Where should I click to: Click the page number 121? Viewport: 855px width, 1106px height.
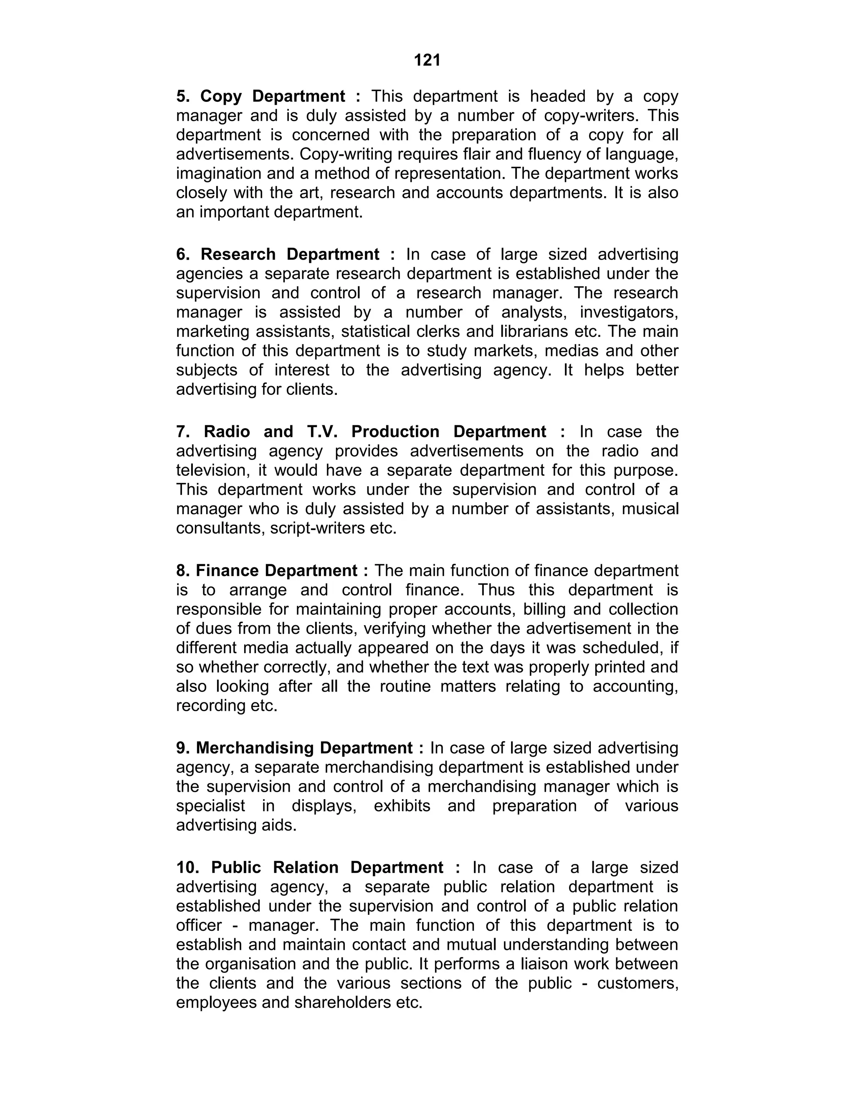(x=427, y=60)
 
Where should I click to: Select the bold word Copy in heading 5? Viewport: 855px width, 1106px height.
(x=221, y=96)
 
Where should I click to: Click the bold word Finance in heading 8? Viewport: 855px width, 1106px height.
(x=228, y=571)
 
